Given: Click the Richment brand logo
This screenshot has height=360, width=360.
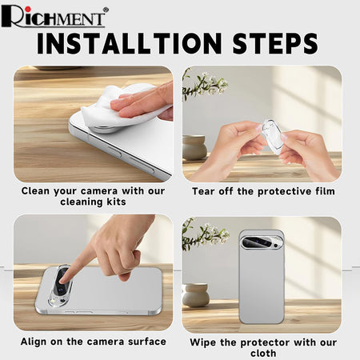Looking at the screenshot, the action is [x=54, y=17].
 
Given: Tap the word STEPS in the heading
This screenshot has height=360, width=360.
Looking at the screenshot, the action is [x=275, y=43].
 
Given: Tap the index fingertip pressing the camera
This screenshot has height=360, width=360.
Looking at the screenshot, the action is [x=63, y=280].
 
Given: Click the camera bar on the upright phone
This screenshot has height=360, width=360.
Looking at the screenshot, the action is [x=262, y=243].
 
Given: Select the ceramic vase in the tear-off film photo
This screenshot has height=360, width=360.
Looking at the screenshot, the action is [x=194, y=147].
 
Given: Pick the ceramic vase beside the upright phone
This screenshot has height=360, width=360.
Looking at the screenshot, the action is [x=196, y=295].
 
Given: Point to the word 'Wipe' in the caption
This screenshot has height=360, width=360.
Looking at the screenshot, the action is [x=202, y=342].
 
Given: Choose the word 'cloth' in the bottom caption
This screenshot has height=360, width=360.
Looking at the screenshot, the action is [x=263, y=353].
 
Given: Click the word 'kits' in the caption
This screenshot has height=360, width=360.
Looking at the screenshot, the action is [x=117, y=202].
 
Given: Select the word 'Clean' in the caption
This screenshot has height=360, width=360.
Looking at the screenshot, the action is [x=35, y=191].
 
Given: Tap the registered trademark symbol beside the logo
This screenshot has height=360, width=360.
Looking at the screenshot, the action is [x=106, y=10].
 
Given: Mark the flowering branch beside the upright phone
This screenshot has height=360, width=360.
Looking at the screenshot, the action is [x=205, y=234].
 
